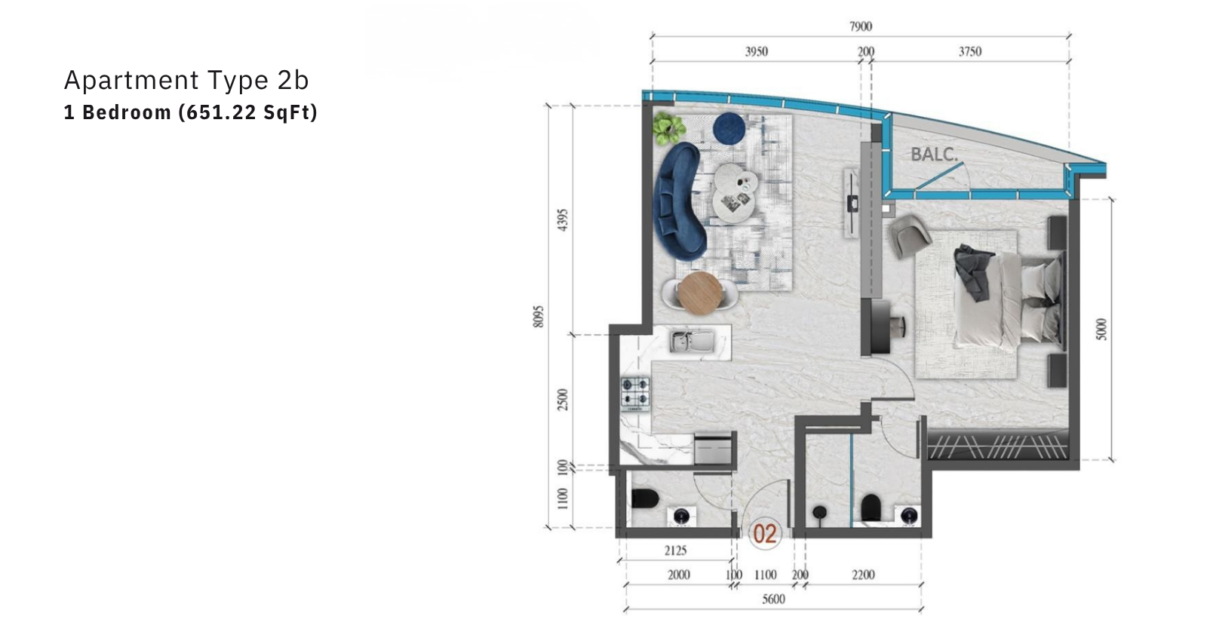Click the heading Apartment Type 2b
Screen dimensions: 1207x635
pyautogui.click(x=186, y=80)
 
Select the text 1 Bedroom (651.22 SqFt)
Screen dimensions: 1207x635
pyautogui.click(x=191, y=112)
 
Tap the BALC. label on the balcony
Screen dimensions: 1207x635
pyautogui.click(x=935, y=155)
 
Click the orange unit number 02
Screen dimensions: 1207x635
pyautogui.click(x=765, y=534)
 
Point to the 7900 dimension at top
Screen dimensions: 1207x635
pyautogui.click(x=861, y=26)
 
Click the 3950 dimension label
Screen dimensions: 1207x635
pyautogui.click(x=756, y=52)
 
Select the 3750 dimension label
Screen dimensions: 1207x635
pyautogui.click(x=970, y=52)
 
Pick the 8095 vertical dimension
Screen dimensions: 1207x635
pyautogui.click(x=538, y=317)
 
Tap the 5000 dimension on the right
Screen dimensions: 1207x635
pyautogui.click(x=1101, y=329)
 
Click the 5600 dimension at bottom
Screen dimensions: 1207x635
pyautogui.click(x=773, y=599)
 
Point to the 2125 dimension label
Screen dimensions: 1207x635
pyautogui.click(x=675, y=551)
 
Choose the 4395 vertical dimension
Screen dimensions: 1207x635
pyautogui.click(x=562, y=220)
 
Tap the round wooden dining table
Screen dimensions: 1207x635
pyautogui.click(x=700, y=293)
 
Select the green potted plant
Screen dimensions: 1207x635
pyautogui.click(x=668, y=128)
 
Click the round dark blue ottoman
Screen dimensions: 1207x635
pyautogui.click(x=729, y=128)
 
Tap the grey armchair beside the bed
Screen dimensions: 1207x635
pyautogui.click(x=909, y=235)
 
